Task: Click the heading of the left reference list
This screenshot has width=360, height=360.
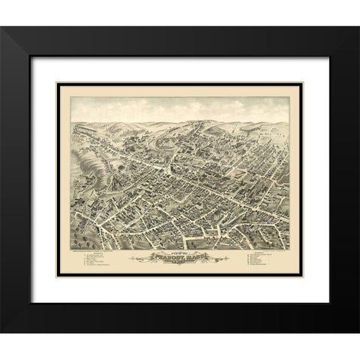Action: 98,253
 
